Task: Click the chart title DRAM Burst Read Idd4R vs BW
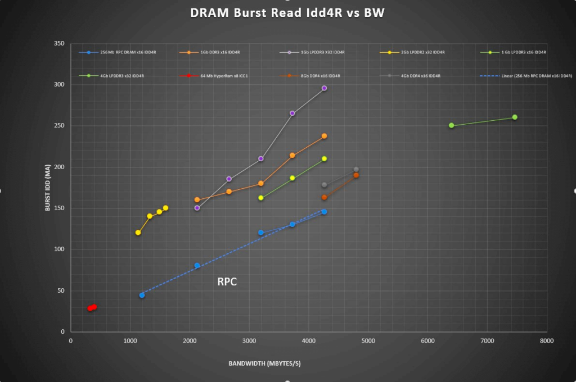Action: coord(287,12)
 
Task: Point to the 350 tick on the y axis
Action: coord(58,43)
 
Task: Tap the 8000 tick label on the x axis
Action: coord(546,341)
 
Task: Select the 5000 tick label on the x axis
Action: coord(368,341)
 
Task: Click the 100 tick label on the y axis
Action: coord(58,249)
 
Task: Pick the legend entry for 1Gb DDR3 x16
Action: coord(220,52)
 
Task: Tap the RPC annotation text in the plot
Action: coord(227,282)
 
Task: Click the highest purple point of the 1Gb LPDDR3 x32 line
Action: coord(324,88)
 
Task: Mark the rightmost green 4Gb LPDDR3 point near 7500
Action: coord(515,117)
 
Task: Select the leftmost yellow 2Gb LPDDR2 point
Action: coord(138,233)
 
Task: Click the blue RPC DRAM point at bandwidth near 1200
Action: coord(142,295)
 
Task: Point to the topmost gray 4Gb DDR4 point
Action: coord(356,170)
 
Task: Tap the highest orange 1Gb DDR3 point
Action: coord(324,136)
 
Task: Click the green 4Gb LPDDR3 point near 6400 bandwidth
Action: coord(452,125)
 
